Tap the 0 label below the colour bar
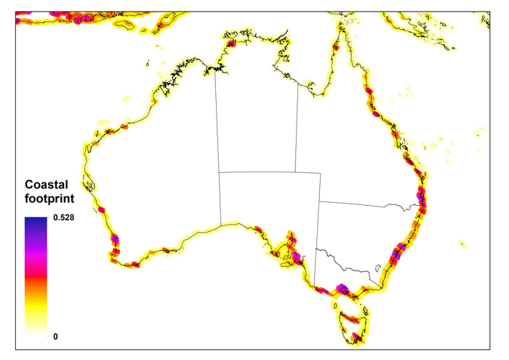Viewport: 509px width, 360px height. pyautogui.click(x=55, y=336)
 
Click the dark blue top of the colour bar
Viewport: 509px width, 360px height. pyautogui.click(x=36, y=223)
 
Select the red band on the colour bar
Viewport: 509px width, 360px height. pyautogui.click(x=36, y=274)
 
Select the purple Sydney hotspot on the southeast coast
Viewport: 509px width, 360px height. pyautogui.click(x=398, y=253)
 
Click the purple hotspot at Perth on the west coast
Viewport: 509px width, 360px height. pyautogui.click(x=115, y=239)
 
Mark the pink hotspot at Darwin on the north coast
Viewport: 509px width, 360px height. pyautogui.click(x=231, y=44)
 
